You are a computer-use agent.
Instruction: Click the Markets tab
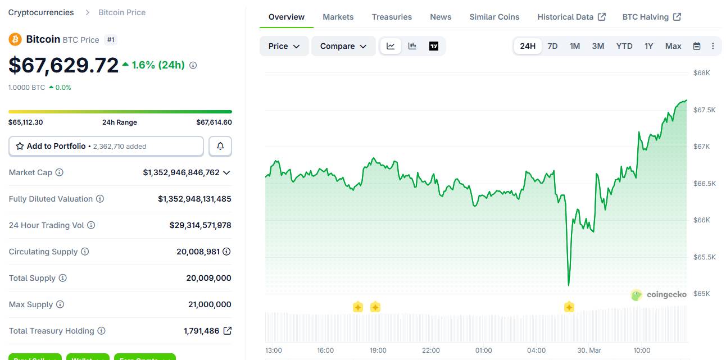[338, 17]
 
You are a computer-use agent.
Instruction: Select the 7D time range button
[552, 46]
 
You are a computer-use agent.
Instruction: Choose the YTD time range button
[624, 46]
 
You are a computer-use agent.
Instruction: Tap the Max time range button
[673, 46]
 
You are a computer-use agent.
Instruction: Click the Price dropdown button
[284, 46]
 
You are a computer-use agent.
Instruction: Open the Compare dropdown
[343, 46]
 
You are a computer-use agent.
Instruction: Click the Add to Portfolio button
[106, 146]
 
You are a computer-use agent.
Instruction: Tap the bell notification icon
[220, 146]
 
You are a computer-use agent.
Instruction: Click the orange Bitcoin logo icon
[15, 39]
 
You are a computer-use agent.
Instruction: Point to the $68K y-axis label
[701, 73]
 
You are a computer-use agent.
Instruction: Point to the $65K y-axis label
[701, 294]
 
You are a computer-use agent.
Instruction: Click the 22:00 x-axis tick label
[431, 350]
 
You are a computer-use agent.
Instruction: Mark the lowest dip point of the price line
[569, 285]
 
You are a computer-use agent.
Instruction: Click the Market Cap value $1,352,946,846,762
[181, 172]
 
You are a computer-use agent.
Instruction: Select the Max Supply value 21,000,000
[210, 304]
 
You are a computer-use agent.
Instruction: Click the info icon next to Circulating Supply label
[85, 252]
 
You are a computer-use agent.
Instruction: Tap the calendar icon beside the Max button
[697, 46]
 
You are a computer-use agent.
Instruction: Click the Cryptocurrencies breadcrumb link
[41, 12]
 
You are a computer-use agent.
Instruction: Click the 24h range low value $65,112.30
[26, 122]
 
